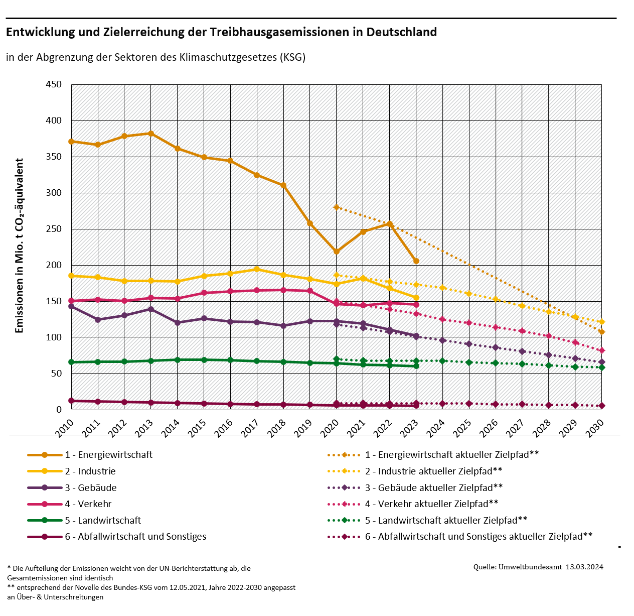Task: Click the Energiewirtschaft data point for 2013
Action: (151, 134)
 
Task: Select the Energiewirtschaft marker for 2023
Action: (416, 261)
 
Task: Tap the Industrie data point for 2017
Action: (257, 269)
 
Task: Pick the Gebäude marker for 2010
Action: (71, 306)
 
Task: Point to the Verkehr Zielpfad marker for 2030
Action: (602, 350)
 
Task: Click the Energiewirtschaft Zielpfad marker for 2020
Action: (337, 207)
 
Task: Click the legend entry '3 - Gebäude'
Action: (91, 487)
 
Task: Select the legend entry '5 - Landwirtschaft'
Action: (103, 521)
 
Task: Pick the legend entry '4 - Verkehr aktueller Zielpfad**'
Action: (431, 504)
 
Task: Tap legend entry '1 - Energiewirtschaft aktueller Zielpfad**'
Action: (451, 455)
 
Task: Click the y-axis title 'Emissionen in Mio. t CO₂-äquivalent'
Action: (20, 246)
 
